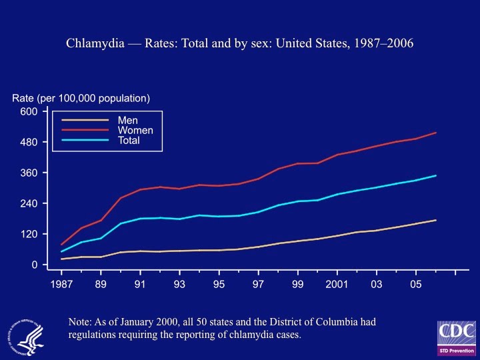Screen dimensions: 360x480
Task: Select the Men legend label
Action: click(127, 120)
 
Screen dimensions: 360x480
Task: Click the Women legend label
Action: click(135, 130)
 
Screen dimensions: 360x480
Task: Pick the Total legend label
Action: click(129, 141)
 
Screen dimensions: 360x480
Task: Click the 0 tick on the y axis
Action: click(35, 265)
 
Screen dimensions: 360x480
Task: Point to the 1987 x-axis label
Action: click(61, 285)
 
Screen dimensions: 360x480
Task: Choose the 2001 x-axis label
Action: click(337, 285)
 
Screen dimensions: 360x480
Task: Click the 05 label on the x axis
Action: click(416, 285)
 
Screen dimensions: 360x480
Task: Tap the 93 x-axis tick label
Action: click(179, 285)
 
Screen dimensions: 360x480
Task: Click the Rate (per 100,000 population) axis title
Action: click(81, 98)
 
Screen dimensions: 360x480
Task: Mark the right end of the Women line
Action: click(436, 133)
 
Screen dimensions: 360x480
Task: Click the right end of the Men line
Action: click(436, 220)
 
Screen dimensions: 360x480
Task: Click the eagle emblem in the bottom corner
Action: click(25, 335)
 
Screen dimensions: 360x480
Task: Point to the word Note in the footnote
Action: click(80, 323)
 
